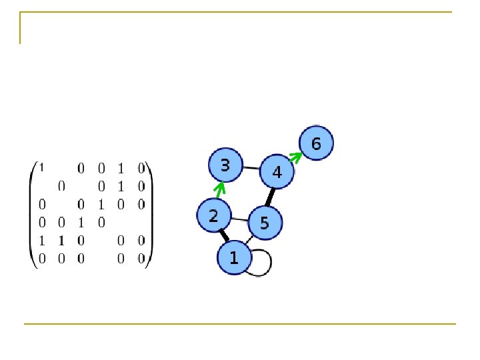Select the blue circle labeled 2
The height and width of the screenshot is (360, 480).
pos(213,216)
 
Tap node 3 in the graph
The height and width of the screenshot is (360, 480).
pos(225,165)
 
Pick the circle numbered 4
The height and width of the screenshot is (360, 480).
pos(277,172)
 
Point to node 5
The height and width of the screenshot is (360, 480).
pos(265,223)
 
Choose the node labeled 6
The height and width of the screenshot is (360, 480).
pos(316,143)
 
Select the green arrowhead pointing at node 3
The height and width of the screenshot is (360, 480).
pos(219,188)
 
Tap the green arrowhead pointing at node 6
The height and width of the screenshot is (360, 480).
pos(296,157)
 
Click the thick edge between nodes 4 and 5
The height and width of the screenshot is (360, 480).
pos(271,197)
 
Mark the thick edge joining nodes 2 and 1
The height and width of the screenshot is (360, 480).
pos(224,235)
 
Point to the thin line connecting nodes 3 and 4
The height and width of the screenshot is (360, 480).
pos(251,168)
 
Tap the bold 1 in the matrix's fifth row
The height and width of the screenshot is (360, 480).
pos(61,240)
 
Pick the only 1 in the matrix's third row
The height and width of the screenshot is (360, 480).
pos(101,203)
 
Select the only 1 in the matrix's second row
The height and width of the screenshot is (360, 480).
pos(121,185)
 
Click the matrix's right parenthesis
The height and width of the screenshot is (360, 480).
pos(150,213)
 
